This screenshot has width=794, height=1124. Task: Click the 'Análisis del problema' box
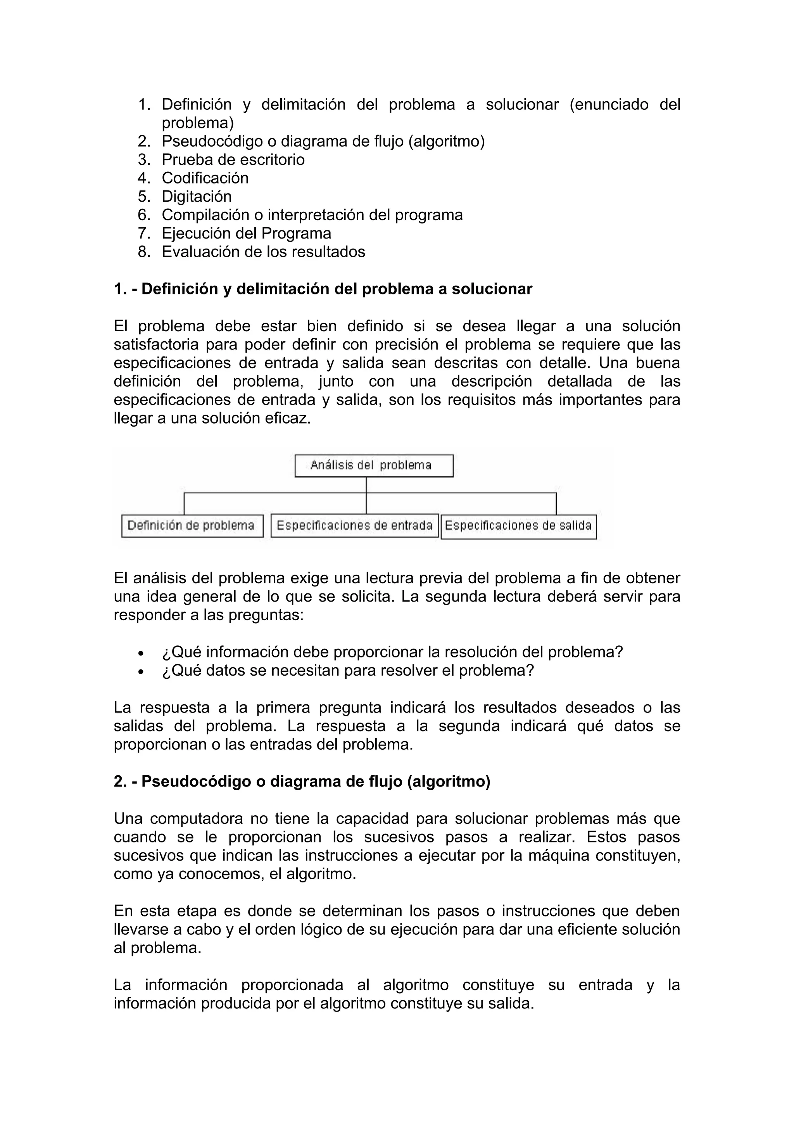373,465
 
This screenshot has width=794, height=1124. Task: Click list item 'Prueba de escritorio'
233,159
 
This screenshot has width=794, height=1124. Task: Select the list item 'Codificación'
205,178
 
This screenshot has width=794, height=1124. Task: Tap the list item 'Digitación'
197,196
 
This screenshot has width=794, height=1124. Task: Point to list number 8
143,252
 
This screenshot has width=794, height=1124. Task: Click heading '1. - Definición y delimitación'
323,289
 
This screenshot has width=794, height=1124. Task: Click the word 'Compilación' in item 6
205,215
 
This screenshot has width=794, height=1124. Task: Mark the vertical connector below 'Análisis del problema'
366,485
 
